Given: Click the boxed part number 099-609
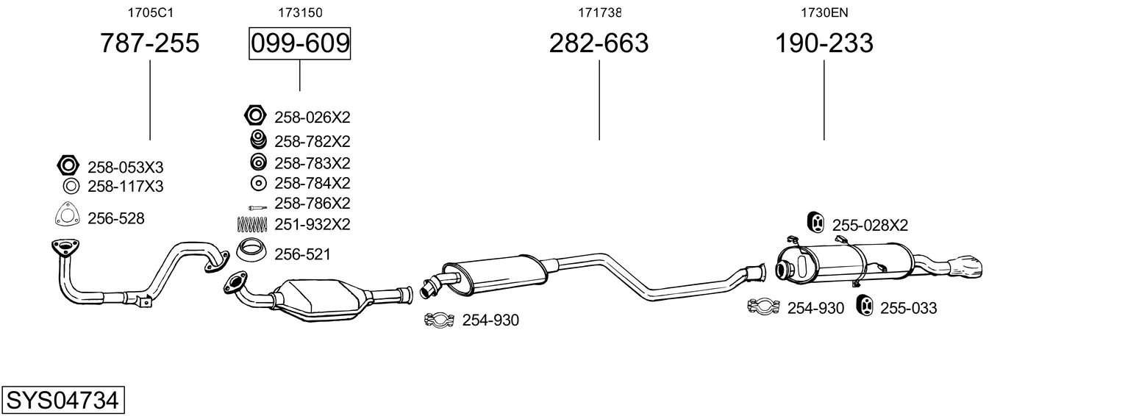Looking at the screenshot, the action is point(300,43).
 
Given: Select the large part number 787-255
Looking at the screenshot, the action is point(150,43).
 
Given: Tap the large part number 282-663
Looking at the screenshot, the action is point(599,43).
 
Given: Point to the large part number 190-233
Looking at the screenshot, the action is point(824,43).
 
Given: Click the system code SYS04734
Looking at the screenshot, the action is point(63,401).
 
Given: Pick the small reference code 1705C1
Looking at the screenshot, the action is point(150,12).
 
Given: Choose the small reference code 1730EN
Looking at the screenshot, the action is point(824,12).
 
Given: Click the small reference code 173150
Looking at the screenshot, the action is point(300,12).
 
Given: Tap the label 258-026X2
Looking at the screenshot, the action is point(312,118).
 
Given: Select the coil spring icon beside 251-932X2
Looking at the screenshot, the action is point(251,224).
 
